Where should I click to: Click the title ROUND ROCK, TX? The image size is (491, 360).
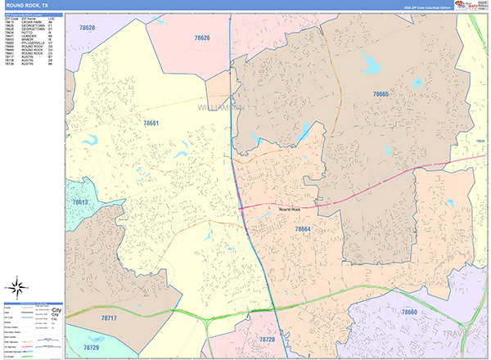(29, 5)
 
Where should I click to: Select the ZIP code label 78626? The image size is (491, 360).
(202, 38)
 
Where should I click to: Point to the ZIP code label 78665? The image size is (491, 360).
(381, 95)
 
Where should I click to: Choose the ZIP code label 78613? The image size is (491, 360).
(81, 201)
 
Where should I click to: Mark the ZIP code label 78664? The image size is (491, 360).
(303, 230)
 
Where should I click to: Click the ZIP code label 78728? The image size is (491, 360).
(267, 339)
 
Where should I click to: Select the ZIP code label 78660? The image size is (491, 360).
(408, 313)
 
